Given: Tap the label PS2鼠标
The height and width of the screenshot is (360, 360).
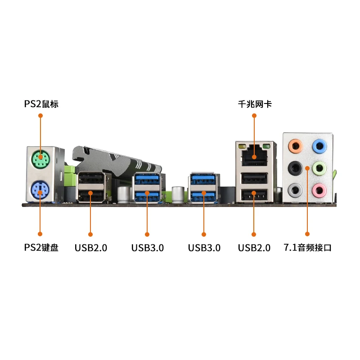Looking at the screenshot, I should pos(41,104).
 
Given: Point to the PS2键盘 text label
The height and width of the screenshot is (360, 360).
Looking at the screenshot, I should pos(41,247).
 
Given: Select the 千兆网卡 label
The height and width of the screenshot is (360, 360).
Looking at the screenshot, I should pos(255,104).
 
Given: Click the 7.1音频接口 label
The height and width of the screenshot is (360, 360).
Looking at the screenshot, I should pos(308,247).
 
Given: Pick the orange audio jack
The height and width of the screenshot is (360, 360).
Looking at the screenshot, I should pos(295,145).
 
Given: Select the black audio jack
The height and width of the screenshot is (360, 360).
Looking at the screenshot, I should pos(295,168).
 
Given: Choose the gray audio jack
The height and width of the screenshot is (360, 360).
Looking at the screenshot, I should pos(295,190).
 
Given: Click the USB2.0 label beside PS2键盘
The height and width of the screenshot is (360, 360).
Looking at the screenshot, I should pos(91,247).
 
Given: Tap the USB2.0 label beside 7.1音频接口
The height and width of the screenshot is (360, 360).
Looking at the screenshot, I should pos(254,247).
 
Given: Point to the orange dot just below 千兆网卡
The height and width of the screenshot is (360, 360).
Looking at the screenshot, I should pos(254,116).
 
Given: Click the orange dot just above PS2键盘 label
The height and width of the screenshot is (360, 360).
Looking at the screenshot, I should pos(40,234).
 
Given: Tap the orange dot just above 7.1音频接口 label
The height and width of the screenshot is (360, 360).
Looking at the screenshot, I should pos(307,234).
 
